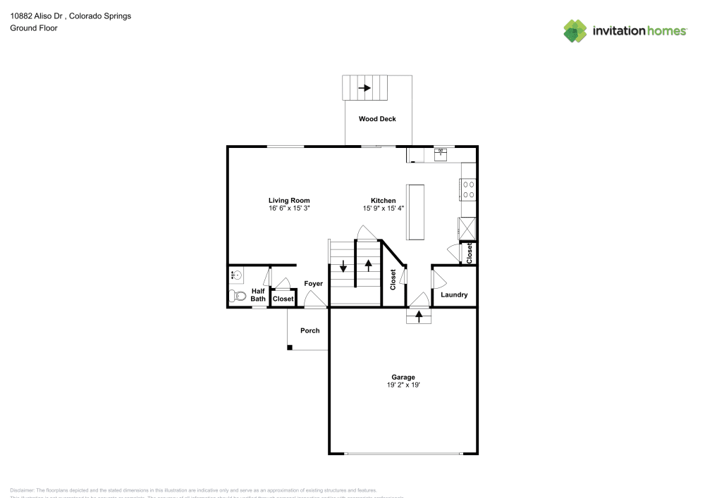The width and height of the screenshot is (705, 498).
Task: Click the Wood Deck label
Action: [377, 119]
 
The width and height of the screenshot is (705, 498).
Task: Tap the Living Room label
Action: [289, 201]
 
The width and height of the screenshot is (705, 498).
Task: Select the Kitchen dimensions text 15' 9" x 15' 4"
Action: [384, 208]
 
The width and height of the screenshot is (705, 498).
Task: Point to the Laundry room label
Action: [454, 294]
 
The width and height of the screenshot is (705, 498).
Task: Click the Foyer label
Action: [313, 284]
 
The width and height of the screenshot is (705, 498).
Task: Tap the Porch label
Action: [310, 330]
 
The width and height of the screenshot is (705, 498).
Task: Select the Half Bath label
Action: [258, 294]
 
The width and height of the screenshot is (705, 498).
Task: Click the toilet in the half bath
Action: [237, 296]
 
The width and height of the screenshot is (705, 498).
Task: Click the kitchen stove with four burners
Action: [467, 189]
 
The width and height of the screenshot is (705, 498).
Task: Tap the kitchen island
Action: [415, 212]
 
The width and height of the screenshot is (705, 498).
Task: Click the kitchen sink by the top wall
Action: [441, 154]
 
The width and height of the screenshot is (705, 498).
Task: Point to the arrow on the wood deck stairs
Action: [365, 88]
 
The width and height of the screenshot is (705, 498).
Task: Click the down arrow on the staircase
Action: [343, 266]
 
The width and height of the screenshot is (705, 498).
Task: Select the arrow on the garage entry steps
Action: [419, 317]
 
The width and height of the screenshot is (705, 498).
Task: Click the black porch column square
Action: [289, 347]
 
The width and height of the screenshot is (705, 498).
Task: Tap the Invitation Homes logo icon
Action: [575, 30]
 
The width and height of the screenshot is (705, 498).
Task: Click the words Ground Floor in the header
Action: [34, 28]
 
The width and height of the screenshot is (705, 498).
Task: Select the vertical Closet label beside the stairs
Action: [393, 280]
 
